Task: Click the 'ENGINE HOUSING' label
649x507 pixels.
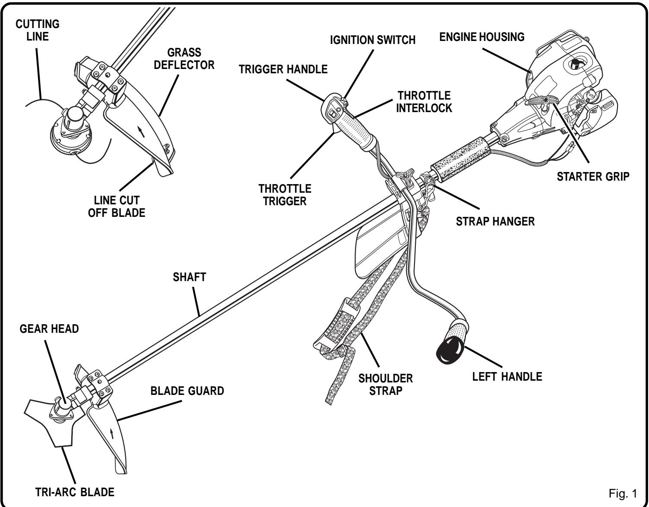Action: click(x=481, y=37)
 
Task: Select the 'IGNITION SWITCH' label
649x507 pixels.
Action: click(x=372, y=40)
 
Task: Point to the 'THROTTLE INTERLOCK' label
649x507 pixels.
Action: click(x=424, y=101)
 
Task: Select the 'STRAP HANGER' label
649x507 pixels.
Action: click(x=495, y=222)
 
